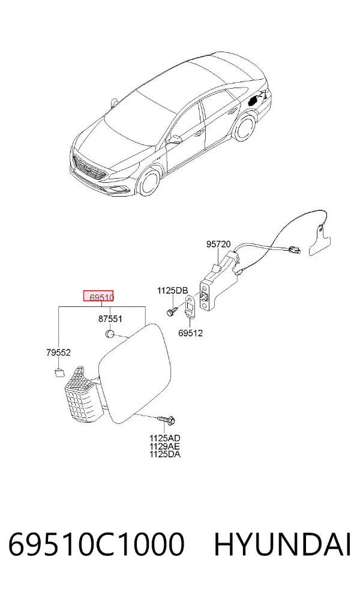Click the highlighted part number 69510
101,297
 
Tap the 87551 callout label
110,319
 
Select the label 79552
58,353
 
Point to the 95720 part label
218,244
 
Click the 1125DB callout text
172,290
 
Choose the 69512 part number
190,333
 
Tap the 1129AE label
164,446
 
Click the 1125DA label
164,454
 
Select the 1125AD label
164,438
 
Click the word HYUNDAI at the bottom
283,544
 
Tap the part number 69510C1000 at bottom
97,544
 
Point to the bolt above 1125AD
166,419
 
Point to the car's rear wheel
243,127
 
